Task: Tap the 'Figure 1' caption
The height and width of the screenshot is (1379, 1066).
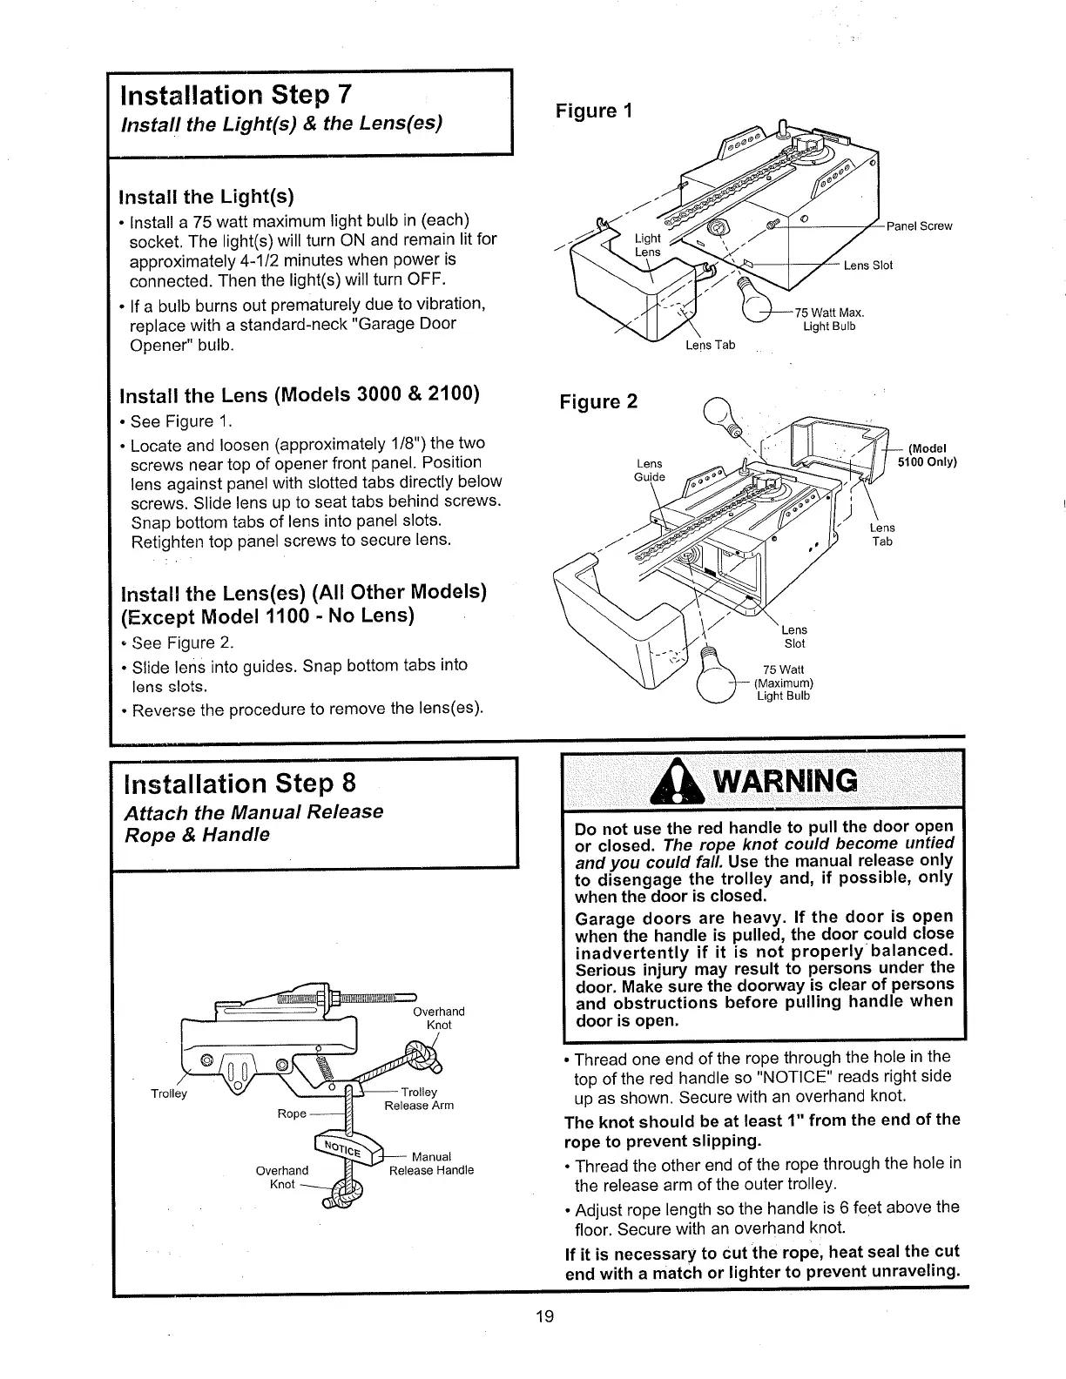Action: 597,111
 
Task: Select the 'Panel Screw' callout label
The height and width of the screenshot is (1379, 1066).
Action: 919,226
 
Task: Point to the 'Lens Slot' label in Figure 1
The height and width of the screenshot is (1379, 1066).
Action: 867,266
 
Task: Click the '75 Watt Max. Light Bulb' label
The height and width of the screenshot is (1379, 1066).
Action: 827,320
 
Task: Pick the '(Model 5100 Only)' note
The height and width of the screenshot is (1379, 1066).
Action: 928,455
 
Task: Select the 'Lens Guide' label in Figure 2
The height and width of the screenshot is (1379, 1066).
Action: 650,470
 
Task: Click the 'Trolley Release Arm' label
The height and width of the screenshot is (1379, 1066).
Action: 419,1099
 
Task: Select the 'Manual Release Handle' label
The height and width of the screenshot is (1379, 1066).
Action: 431,1164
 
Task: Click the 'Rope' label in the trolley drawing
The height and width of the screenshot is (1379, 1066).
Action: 292,1114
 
